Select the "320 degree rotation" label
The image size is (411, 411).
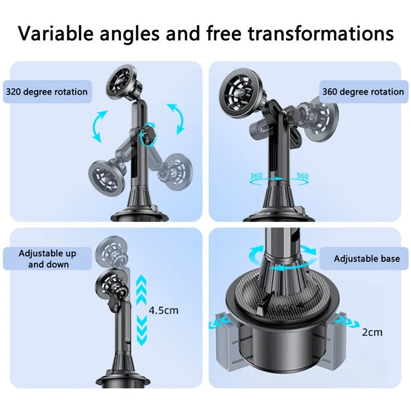[47, 92]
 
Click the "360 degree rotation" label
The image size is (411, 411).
[363, 92]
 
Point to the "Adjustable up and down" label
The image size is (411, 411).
[48, 259]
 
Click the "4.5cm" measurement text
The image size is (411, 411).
[163, 310]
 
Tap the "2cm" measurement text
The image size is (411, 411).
[372, 332]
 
